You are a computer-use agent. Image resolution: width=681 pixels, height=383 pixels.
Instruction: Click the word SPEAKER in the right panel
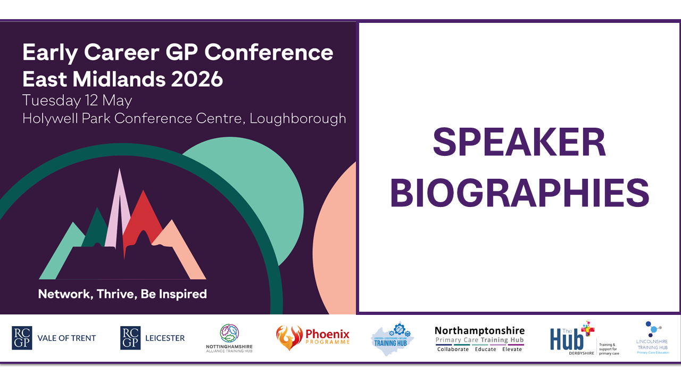519,143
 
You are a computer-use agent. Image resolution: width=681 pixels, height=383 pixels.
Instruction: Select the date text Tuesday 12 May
77,100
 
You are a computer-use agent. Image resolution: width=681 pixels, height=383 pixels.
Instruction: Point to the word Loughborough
298,118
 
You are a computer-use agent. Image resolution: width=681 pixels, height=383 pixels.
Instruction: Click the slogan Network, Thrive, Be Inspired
122,294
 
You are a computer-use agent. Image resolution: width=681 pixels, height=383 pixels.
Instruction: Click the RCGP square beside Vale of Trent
22,338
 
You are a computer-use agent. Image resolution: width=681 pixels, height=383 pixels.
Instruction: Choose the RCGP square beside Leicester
130,338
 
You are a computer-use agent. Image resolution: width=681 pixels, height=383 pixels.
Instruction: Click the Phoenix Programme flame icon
289,338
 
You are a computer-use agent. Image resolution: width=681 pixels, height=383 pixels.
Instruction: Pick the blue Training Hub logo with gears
392,338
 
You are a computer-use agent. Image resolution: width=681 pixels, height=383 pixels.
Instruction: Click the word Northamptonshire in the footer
479,331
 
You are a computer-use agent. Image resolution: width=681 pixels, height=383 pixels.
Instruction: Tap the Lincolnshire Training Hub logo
652,338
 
